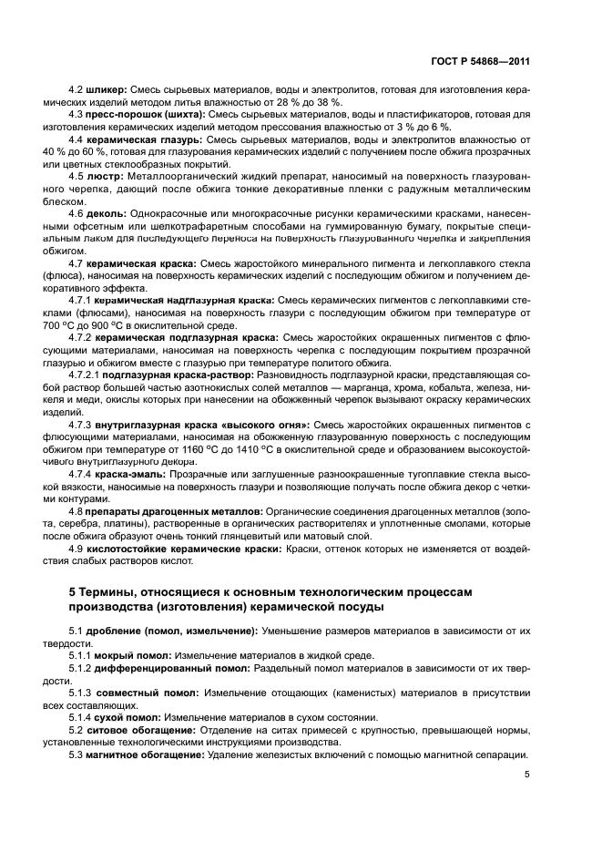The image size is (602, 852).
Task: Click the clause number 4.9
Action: [x=77, y=549]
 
